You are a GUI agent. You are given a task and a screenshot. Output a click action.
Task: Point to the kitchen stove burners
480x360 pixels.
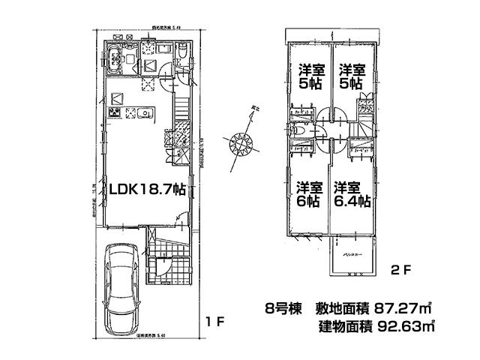(x=115, y=114)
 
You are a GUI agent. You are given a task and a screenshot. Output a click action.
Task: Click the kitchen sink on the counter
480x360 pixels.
(x=145, y=114)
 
